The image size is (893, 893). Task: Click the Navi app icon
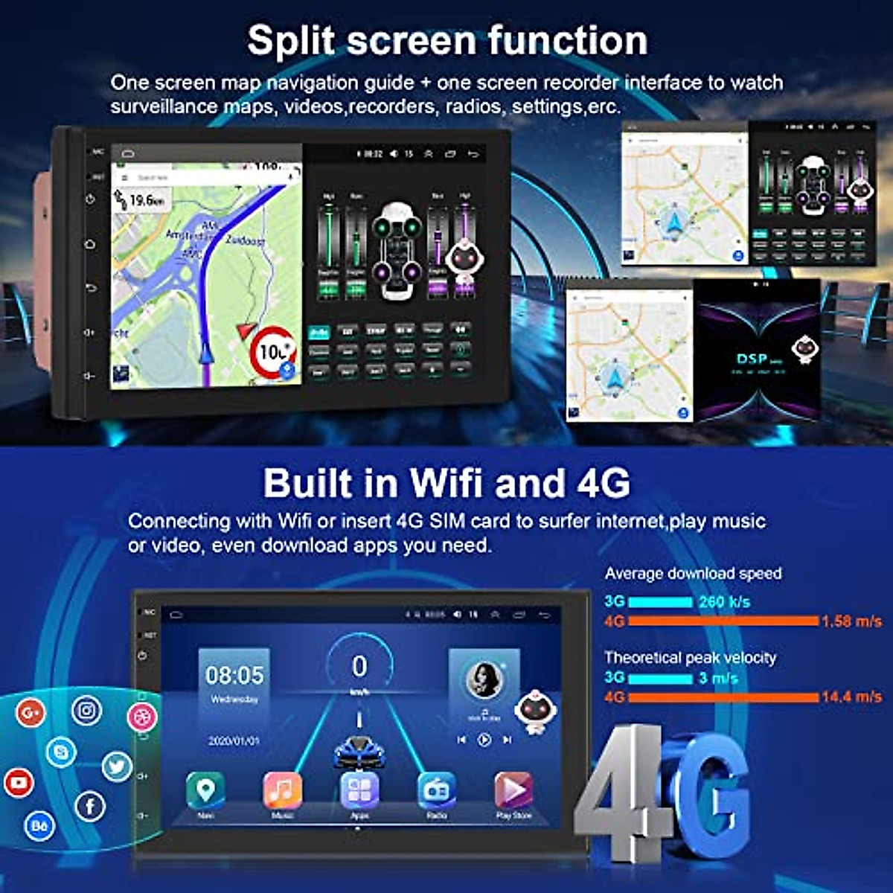pos(205,790)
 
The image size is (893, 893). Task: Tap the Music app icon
pos(282,790)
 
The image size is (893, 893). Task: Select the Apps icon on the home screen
pos(359,790)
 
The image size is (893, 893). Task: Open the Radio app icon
pos(437,790)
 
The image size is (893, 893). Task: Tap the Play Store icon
pos(513,790)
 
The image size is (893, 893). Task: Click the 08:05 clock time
pos(234,676)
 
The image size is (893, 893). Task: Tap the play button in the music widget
pos(484,740)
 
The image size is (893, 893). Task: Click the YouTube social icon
pos(19,783)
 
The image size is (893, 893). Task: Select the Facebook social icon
pos(90,806)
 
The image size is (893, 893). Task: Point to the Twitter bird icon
pos(117,766)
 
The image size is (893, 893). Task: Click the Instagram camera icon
pos(86,711)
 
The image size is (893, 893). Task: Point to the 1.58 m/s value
pos(851,621)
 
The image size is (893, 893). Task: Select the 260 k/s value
pos(724,602)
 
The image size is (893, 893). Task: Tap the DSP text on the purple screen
pos(752,359)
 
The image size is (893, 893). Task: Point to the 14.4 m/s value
pos(851,697)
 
